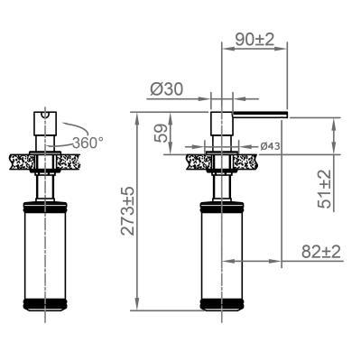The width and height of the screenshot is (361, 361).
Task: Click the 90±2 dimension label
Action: (x=255, y=40)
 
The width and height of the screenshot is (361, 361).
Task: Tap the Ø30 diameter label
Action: (x=166, y=89)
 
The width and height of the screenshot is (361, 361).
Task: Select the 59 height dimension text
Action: (x=161, y=133)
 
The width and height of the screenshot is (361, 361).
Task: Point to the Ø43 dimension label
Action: (x=270, y=146)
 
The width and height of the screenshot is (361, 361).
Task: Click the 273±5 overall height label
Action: (x=127, y=211)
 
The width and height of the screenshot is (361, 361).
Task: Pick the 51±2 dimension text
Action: (x=324, y=189)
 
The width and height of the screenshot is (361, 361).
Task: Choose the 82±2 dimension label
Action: (x=321, y=252)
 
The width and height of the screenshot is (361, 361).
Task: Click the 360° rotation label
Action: (x=88, y=143)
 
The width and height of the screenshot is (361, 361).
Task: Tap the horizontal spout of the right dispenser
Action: (x=260, y=114)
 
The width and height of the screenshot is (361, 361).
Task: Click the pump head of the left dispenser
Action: (x=45, y=124)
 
